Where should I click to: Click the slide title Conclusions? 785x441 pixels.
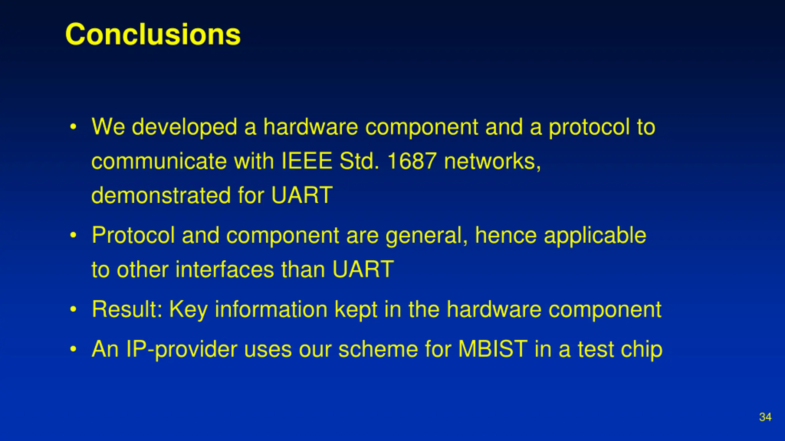point(153,34)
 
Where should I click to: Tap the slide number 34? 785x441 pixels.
point(765,417)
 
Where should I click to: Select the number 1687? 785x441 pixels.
point(412,161)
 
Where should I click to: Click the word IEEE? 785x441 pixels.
point(307,161)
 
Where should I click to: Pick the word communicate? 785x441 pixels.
point(159,161)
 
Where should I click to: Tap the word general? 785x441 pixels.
point(427,236)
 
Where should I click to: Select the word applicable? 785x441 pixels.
point(595,236)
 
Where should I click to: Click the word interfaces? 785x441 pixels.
point(225,269)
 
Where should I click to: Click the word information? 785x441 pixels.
point(271,309)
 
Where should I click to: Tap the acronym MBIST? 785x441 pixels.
point(493,349)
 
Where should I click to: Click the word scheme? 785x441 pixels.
point(378,349)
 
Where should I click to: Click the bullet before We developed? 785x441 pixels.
point(73,127)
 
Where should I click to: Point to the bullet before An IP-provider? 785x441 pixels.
point(73,349)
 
